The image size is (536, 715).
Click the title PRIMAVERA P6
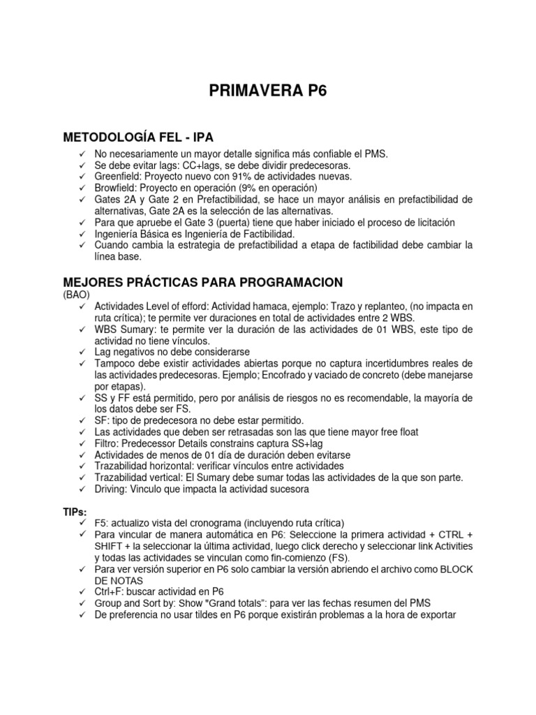[268, 91]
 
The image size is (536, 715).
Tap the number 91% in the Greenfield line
[244, 177]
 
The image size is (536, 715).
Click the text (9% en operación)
[277, 188]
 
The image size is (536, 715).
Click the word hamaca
[270, 306]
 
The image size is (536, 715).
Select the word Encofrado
[349, 375]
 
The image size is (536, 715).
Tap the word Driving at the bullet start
[110, 489]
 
